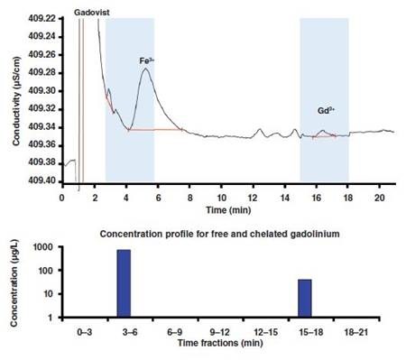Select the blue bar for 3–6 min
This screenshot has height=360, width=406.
tap(125, 283)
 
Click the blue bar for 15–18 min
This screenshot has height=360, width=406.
tap(305, 299)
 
